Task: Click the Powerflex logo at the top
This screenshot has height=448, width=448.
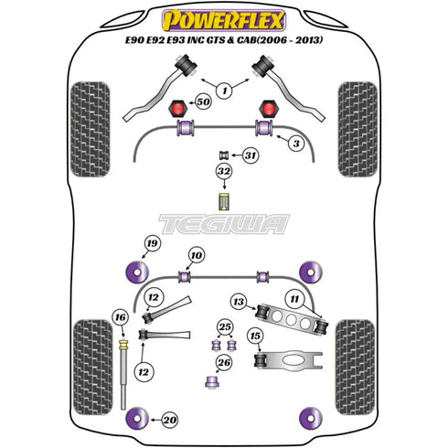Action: [224, 20]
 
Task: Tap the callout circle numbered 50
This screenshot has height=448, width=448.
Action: [203, 101]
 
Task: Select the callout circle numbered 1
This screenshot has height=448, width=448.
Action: [225, 91]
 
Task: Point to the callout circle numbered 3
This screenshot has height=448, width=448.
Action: [296, 143]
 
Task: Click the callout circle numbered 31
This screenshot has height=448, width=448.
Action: [251, 155]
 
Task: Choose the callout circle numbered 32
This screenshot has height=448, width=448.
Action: [224, 171]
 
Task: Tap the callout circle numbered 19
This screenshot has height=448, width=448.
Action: [152, 243]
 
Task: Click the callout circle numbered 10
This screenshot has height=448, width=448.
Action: [197, 255]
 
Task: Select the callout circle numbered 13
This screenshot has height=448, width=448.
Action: [239, 302]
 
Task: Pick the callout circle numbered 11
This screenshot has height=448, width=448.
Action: [294, 299]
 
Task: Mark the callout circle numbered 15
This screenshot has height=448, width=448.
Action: [255, 336]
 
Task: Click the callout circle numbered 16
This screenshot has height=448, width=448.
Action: [121, 317]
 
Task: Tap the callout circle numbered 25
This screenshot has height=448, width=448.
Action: [225, 327]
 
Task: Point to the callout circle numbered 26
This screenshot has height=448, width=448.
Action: [224, 363]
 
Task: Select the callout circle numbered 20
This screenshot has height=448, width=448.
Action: [169, 420]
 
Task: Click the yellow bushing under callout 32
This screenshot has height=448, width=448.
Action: [224, 201]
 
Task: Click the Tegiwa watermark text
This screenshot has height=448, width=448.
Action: [224, 224]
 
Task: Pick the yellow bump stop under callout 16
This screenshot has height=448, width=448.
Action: [123, 345]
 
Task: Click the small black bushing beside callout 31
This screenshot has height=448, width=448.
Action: [224, 155]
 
